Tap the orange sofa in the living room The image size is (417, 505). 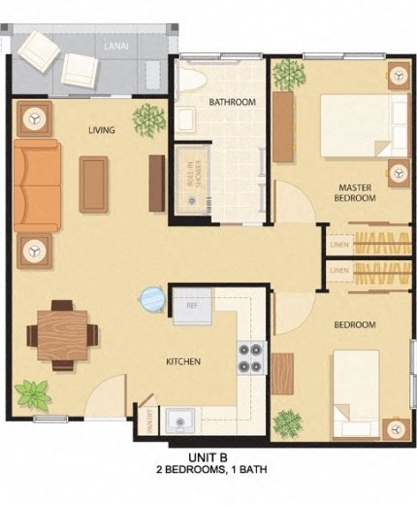click(x=36, y=185)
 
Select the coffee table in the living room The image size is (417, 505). click(x=94, y=184)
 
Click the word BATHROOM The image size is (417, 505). click(x=232, y=102)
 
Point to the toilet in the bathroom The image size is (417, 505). click(x=190, y=78)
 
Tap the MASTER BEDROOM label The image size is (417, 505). click(x=355, y=191)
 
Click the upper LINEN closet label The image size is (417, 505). click(x=339, y=243)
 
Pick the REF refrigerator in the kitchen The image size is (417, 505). click(x=192, y=306)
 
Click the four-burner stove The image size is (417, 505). click(x=251, y=357)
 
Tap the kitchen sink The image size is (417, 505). click(x=179, y=420)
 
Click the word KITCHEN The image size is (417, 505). click(x=183, y=362)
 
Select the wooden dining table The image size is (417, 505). click(x=62, y=335)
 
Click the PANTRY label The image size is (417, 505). click(x=147, y=416)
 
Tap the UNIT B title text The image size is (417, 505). click(x=208, y=456)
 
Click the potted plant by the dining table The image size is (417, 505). click(x=33, y=394)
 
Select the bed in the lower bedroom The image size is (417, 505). click(x=356, y=393)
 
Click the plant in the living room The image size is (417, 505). click(x=149, y=118)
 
